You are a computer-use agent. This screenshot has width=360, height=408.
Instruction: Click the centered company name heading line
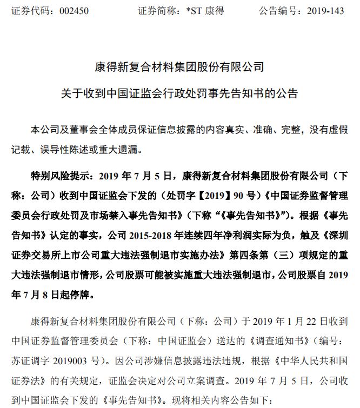coord(179,68)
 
